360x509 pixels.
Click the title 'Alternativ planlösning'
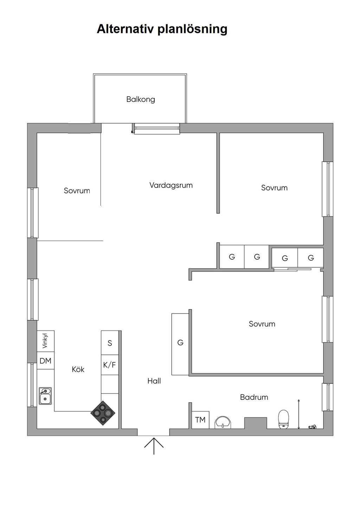tap(162, 29)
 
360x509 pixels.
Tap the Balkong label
tap(141, 99)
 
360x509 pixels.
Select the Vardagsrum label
tap(171, 185)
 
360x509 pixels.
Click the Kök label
tap(78, 370)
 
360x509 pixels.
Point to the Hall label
tap(154, 381)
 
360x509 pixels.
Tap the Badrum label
tap(254, 397)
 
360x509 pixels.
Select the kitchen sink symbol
tap(45, 396)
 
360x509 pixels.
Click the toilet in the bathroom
tap(283, 419)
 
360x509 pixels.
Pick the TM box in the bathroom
tap(200, 420)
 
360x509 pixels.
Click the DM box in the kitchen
tap(46, 361)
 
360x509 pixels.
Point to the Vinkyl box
tap(46, 341)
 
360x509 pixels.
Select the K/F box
tap(110, 365)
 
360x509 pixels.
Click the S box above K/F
tap(110, 343)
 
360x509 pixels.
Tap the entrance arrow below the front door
tap(154, 445)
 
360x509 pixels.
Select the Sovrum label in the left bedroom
tap(77, 191)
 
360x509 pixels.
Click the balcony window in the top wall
tap(157, 129)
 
